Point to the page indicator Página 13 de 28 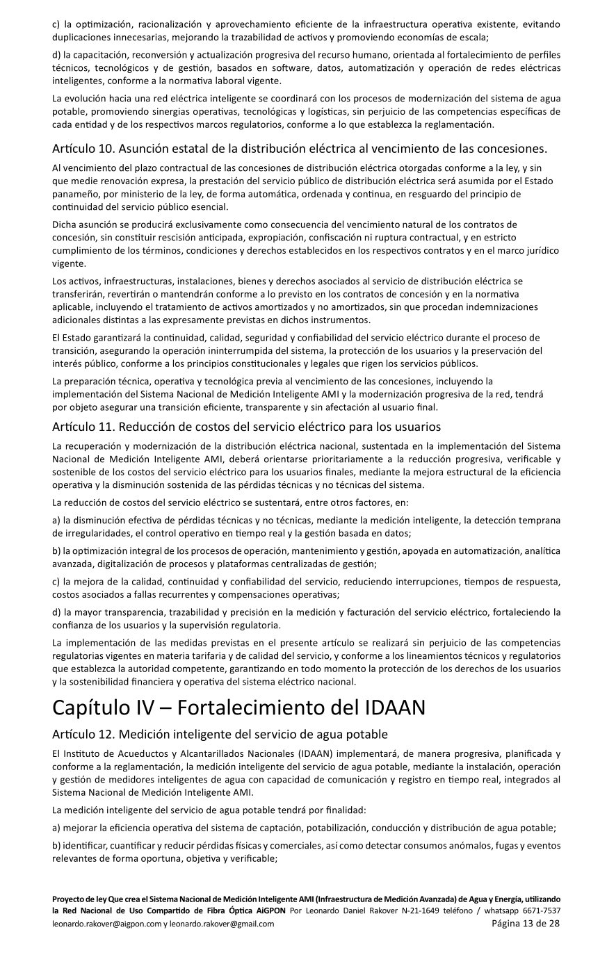(526, 924)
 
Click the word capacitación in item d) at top (98, 54)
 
